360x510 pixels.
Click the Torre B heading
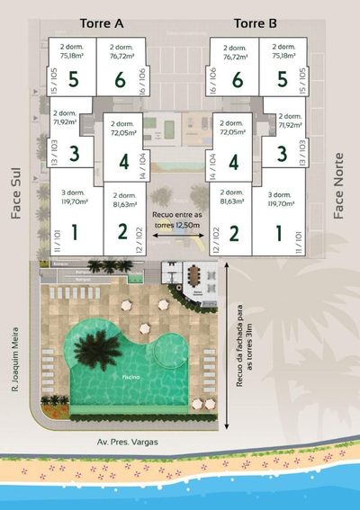pos(255,22)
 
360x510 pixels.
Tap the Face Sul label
pos(16,192)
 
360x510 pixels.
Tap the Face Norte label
pos(339,192)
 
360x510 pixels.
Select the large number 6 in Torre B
pos(237,80)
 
